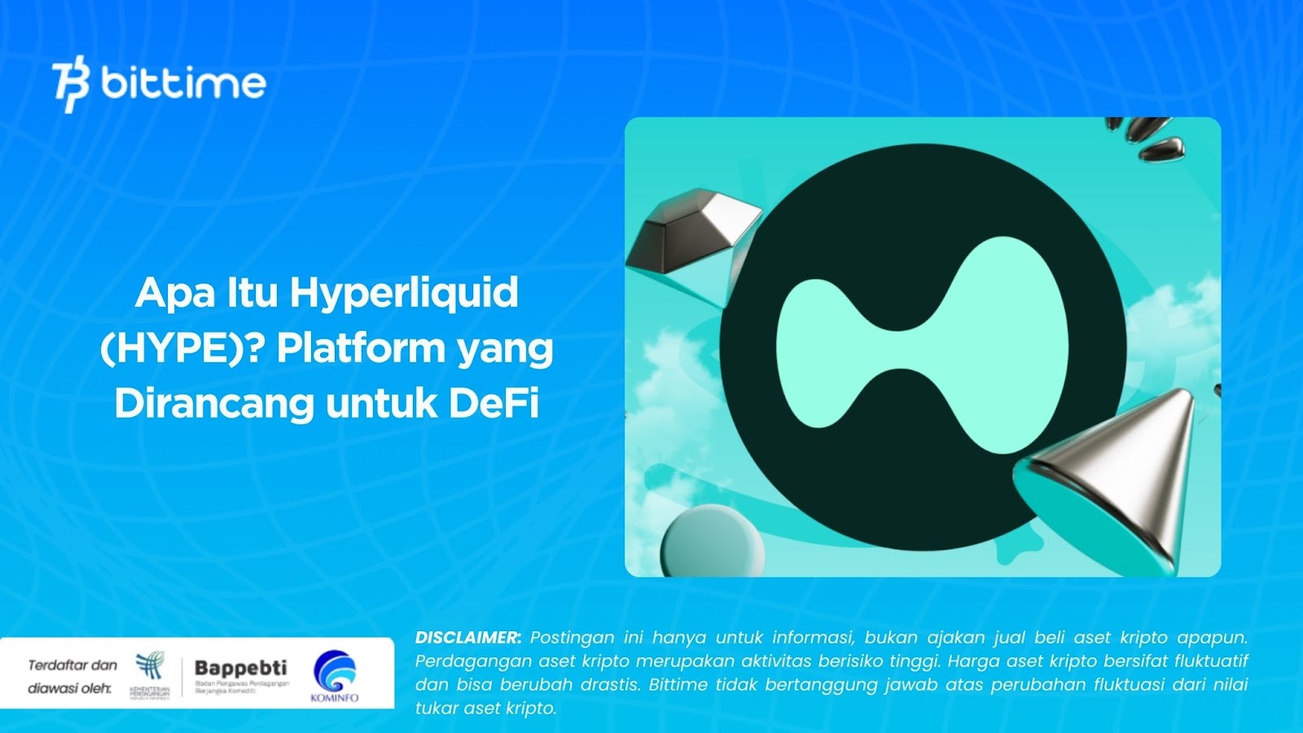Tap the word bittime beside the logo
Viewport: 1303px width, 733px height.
184,83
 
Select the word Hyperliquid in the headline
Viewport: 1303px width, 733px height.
404,293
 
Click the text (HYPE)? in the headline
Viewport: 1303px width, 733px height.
182,349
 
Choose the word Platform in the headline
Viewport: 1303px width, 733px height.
360,349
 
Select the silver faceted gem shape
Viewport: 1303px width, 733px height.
692,232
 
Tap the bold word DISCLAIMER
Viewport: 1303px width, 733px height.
467,638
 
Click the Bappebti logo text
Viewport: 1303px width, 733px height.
241,669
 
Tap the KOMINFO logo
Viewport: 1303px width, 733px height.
335,674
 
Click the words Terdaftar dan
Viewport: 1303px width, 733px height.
72,665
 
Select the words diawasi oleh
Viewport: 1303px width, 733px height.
70,689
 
